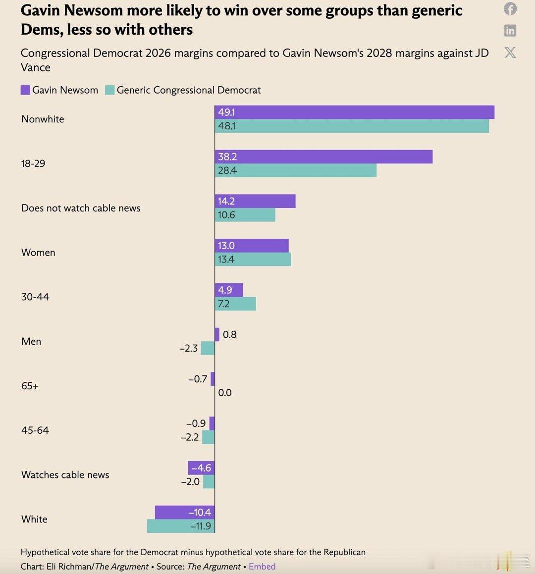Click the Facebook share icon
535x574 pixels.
(510, 9)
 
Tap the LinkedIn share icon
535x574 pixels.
(510, 31)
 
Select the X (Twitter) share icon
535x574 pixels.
(510, 52)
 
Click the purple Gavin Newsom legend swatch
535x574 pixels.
(25, 90)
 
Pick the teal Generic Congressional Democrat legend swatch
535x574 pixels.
(109, 90)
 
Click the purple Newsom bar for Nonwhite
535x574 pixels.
(354, 112)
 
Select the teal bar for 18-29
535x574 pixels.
(296, 170)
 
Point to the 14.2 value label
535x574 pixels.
(226, 201)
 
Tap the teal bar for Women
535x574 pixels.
(253, 259)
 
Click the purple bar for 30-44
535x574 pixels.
(229, 290)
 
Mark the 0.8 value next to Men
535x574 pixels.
(229, 335)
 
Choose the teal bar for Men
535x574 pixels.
(208, 348)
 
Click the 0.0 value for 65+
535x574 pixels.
(225, 393)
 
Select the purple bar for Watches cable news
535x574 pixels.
(201, 468)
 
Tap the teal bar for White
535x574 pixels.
(181, 526)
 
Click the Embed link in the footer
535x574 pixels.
(262, 567)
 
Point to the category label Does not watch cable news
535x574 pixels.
(81, 208)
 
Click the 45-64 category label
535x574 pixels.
(35, 430)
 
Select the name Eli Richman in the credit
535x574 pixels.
(69, 567)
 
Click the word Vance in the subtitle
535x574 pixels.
(36, 67)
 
